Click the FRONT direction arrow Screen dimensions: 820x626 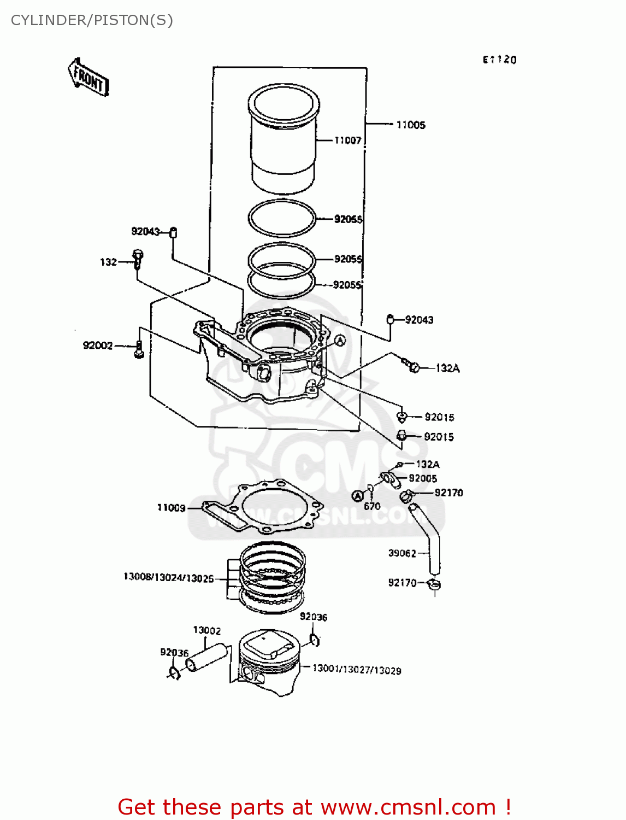pyautogui.click(x=88, y=78)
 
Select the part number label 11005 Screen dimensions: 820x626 pyautogui.click(x=410, y=125)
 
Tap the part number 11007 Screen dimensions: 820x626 pyautogui.click(x=348, y=140)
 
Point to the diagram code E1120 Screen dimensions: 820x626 pyautogui.click(x=499, y=60)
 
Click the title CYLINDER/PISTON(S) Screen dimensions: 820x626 pyautogui.click(x=92, y=20)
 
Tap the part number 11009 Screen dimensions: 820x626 pyautogui.click(x=172, y=508)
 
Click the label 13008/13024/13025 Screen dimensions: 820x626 pyautogui.click(x=169, y=578)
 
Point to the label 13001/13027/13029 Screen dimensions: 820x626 pyautogui.click(x=357, y=670)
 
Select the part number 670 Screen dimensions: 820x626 pyautogui.click(x=372, y=506)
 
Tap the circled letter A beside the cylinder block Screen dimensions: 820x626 pyautogui.click(x=340, y=341)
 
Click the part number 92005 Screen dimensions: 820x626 pyautogui.click(x=423, y=478)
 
